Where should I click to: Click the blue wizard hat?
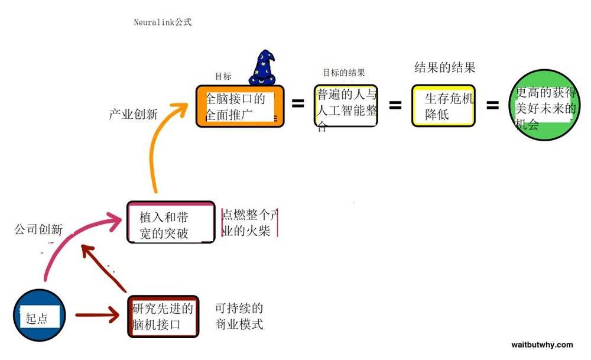pos(263,68)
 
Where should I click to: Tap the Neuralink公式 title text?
pos(163,22)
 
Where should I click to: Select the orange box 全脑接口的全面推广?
pos(240,106)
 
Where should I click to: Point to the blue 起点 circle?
pos(40,315)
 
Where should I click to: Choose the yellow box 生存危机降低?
pos(443,106)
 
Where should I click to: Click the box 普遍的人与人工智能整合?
pos(346,106)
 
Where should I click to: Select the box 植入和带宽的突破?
pos(171,222)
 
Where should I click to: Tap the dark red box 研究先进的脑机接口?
pos(163,316)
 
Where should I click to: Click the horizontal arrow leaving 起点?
pos(98,314)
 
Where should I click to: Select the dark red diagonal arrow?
pos(103,268)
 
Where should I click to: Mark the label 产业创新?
pos(133,114)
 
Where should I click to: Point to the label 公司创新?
pos(38,229)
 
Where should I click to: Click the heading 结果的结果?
pos(445,67)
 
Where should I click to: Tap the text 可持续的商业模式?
pos(239,316)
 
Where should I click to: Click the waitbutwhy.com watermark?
pos(542,345)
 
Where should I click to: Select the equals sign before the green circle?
pos(492,105)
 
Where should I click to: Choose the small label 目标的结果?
pos(344,72)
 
